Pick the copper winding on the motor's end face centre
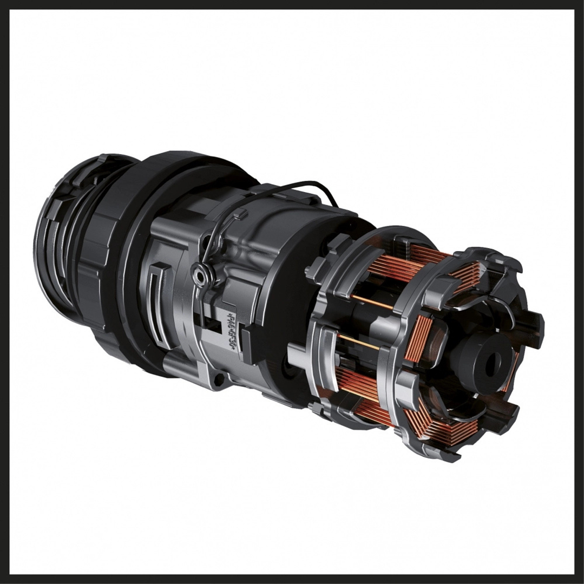coord(419,338)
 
